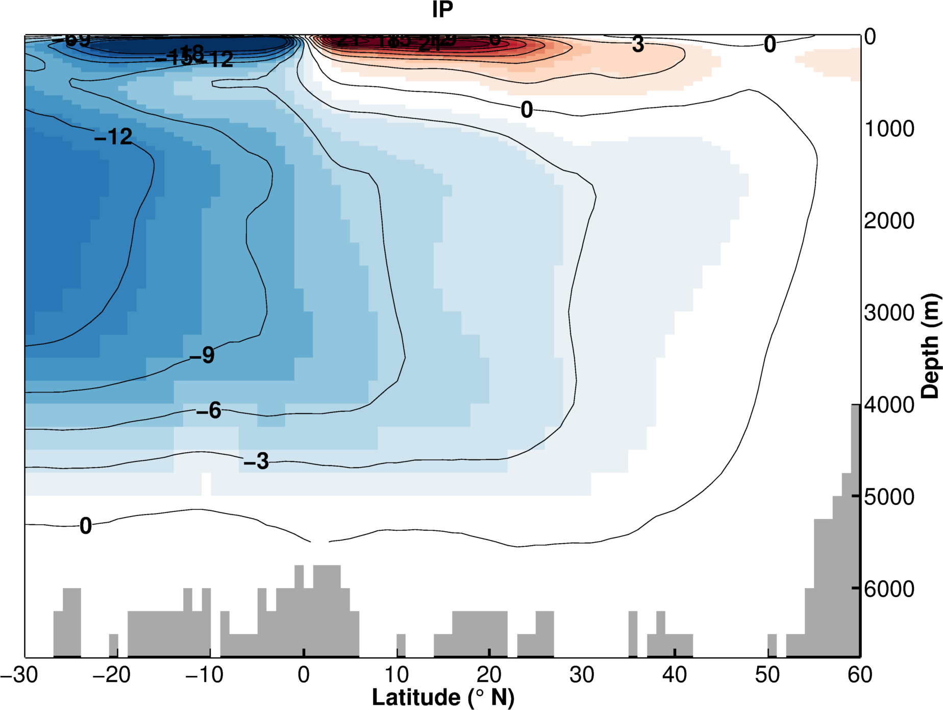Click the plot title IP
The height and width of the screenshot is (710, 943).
click(x=442, y=10)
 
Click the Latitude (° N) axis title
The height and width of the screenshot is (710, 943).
click(x=443, y=697)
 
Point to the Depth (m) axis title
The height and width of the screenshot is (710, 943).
click(x=930, y=346)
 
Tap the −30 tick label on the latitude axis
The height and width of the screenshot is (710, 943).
click(x=19, y=675)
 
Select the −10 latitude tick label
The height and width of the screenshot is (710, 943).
click(x=205, y=675)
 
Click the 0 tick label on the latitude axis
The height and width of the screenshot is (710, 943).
click(x=304, y=675)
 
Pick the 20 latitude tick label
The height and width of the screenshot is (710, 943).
click(x=489, y=675)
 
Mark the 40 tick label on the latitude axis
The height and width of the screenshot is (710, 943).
click(x=675, y=675)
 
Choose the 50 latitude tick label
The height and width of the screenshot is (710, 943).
click(x=767, y=675)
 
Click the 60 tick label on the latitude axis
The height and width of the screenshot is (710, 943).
click(x=860, y=675)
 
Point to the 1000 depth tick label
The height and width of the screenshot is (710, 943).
click(x=889, y=129)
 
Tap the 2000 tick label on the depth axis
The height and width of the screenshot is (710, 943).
click(x=889, y=221)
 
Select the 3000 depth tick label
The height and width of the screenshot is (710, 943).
click(x=889, y=313)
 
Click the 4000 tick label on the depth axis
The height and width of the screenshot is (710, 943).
click(x=889, y=405)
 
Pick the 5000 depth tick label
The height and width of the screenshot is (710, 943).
click(x=889, y=497)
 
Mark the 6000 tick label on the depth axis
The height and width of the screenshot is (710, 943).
click(x=889, y=589)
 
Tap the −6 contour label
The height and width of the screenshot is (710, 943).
click(x=209, y=410)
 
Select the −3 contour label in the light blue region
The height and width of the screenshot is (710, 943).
click(x=256, y=461)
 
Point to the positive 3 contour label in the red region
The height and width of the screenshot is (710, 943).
click(x=638, y=44)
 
